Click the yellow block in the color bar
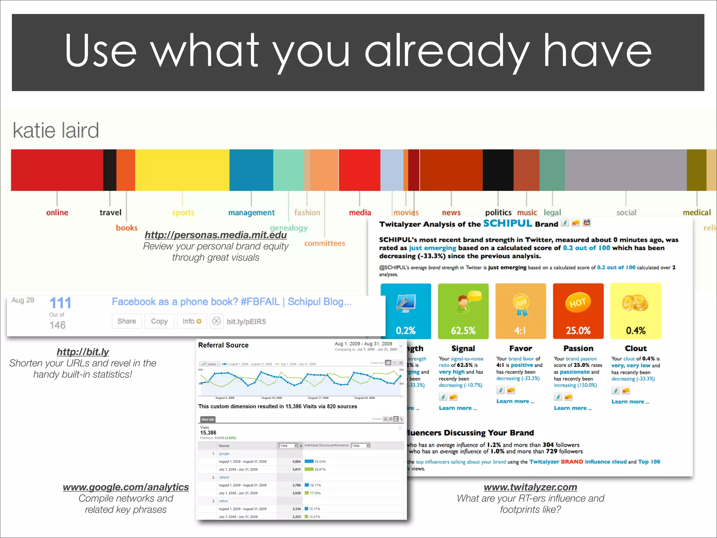182,170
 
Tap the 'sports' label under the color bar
183,213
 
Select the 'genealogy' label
289,228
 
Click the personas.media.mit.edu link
216,235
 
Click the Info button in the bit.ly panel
192,321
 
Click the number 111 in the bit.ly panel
60,303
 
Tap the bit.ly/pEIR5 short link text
246,322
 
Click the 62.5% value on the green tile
463,330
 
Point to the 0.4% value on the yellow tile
635,330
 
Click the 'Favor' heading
521,349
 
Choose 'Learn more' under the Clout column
630,402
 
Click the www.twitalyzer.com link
530,487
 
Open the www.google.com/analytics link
126,487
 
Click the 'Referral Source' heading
223,345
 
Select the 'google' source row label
224,454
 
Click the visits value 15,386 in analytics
208,433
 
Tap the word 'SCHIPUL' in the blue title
508,223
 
